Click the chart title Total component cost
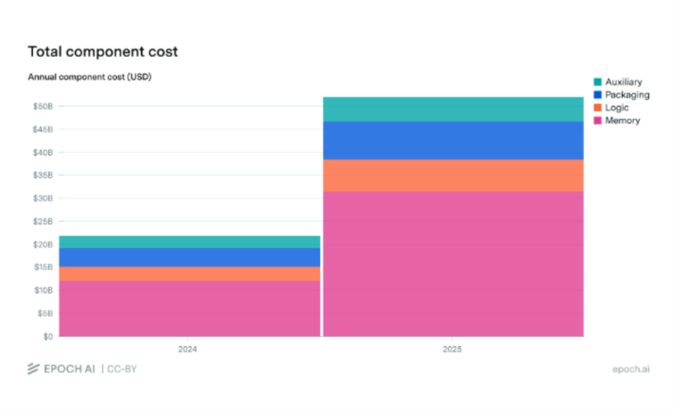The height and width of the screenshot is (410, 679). (103, 52)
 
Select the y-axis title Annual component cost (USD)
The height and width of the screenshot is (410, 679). (90, 77)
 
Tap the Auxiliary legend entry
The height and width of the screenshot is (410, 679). (618, 81)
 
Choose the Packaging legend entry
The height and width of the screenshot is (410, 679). (621, 95)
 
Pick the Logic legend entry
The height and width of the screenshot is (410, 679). (611, 108)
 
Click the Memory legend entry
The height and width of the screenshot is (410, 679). (617, 121)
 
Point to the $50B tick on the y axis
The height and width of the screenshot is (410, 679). (43, 106)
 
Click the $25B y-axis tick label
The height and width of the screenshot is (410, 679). (43, 222)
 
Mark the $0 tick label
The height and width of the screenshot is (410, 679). (48, 336)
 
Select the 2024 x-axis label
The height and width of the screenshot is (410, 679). (188, 349)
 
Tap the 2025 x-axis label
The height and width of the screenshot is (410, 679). (452, 349)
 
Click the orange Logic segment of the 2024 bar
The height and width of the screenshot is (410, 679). (189, 273)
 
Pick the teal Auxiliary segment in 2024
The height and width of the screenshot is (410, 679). (189, 242)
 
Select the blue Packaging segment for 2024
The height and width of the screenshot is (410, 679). (189, 257)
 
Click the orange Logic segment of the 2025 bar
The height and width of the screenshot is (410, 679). (453, 176)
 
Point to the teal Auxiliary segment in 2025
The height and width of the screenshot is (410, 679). (453, 110)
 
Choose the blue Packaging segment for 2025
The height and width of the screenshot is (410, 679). (453, 141)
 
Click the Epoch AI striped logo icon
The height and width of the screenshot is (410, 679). (33, 369)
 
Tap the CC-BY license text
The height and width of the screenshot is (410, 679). (121, 369)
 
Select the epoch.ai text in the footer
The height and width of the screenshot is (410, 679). (631, 369)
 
